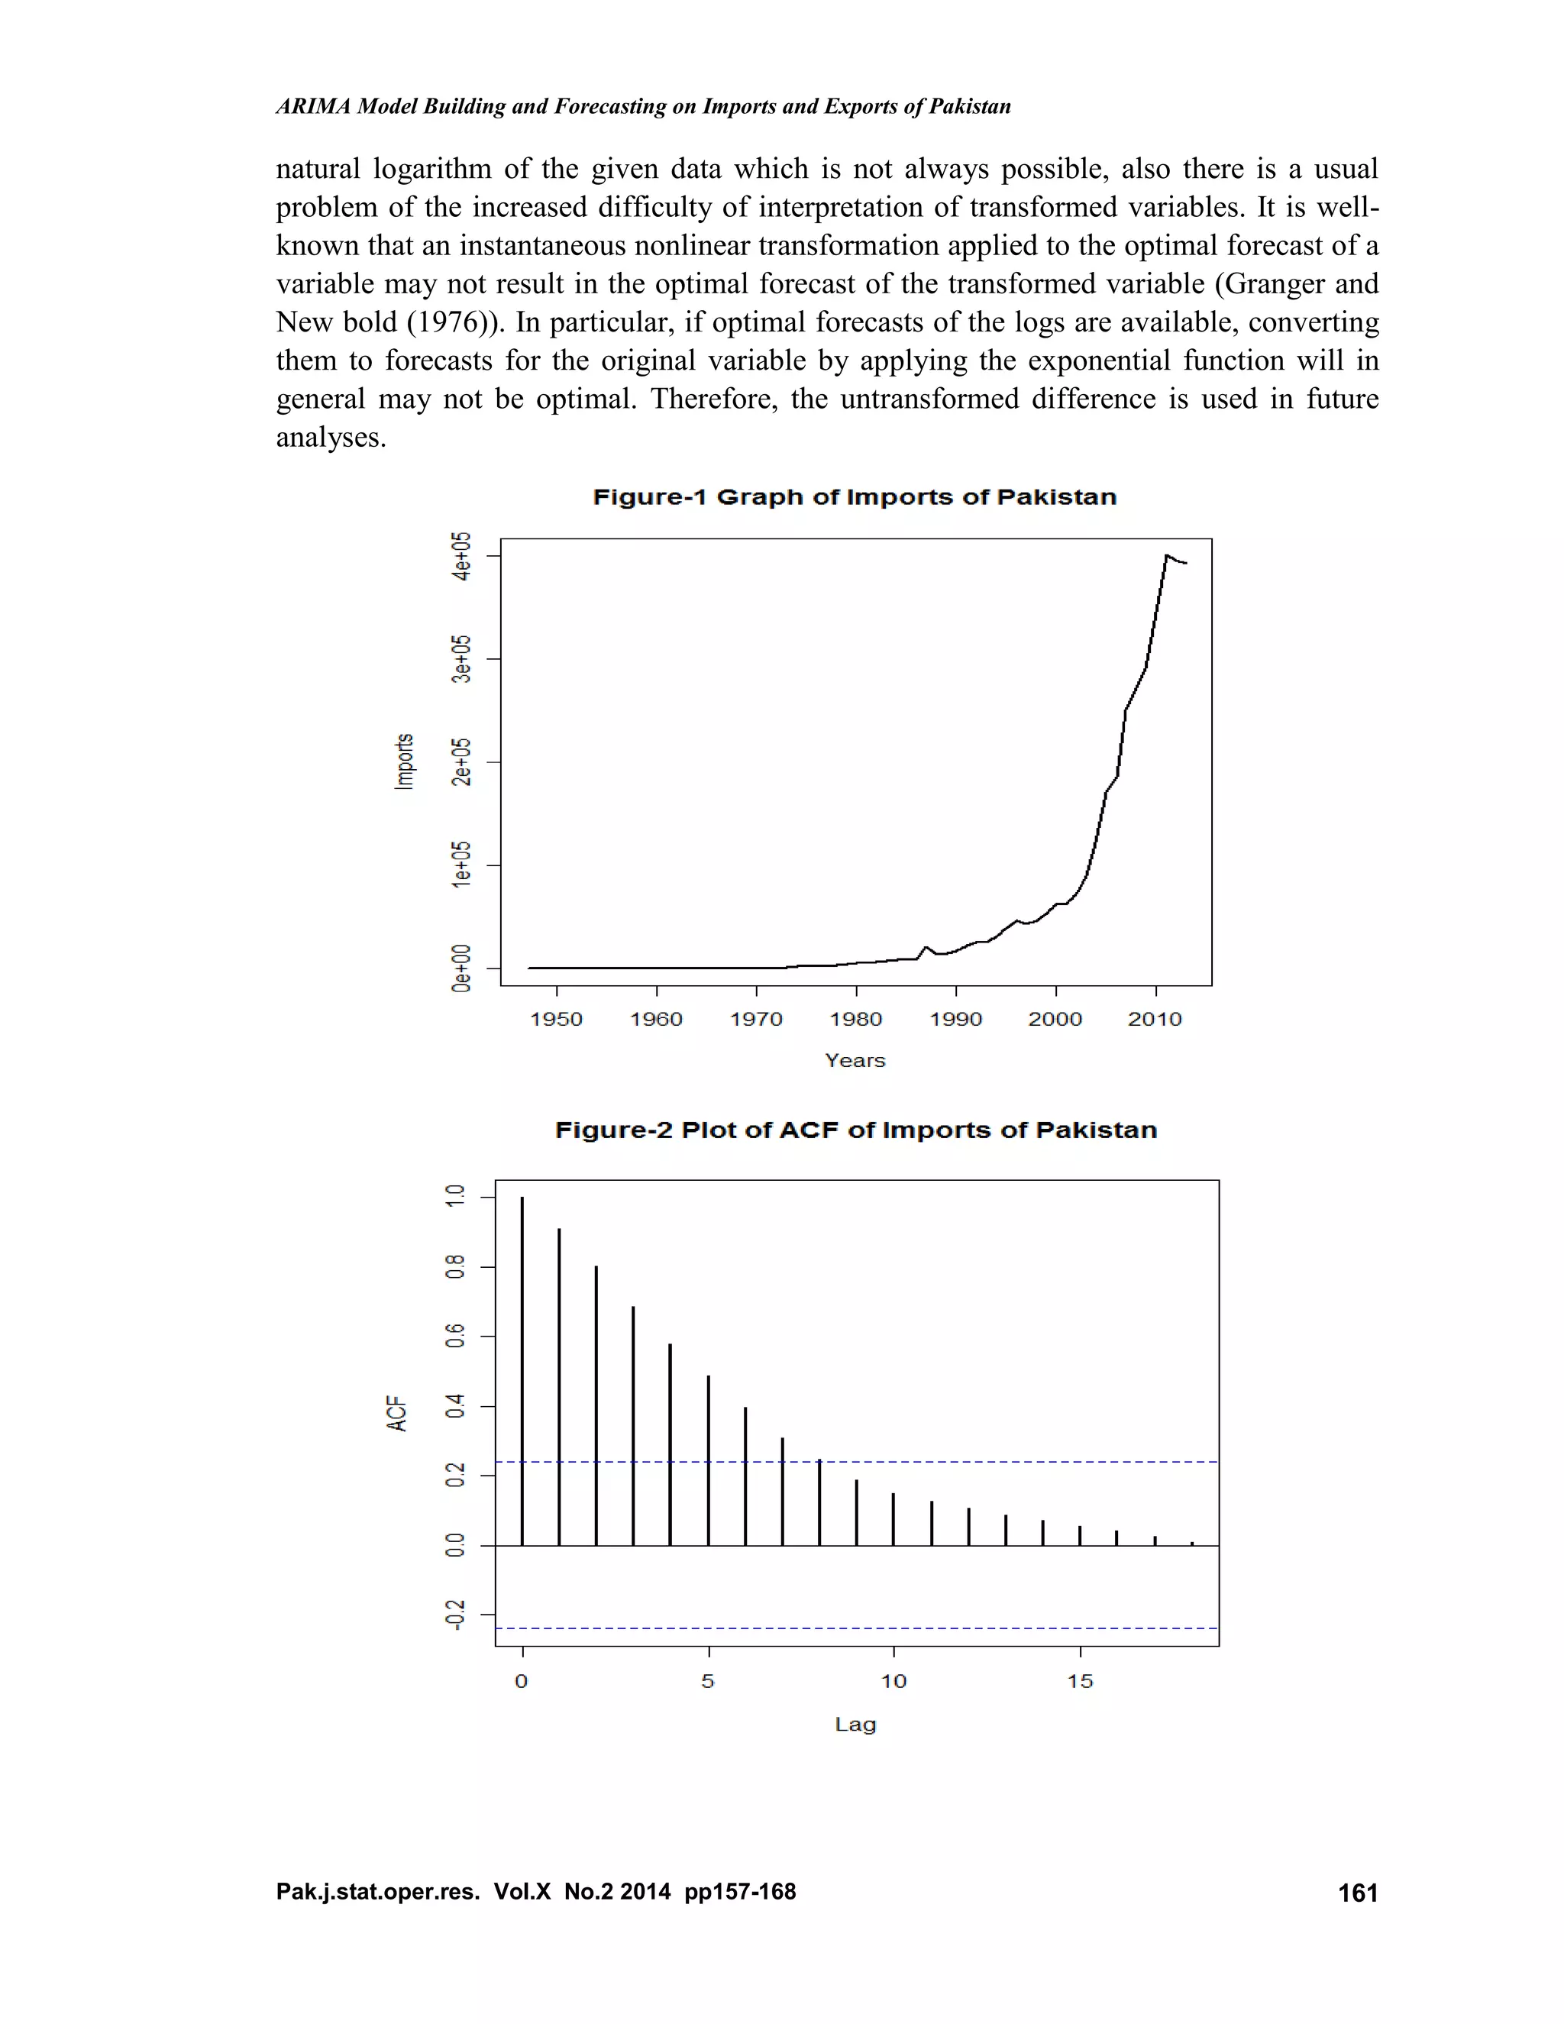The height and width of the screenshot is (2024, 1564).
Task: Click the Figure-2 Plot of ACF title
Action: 855,1130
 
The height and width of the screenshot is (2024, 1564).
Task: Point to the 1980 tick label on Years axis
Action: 855,1020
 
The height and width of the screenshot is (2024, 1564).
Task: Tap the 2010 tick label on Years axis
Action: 1155,1020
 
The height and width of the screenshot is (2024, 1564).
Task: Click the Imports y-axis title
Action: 404,761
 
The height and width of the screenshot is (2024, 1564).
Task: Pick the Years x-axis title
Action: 855,1060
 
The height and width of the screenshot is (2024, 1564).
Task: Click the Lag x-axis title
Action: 855,1725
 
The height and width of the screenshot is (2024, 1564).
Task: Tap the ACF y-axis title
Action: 396,1413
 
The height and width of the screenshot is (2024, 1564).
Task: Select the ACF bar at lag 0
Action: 522,1372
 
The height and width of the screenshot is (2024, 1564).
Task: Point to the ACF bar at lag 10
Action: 893,1520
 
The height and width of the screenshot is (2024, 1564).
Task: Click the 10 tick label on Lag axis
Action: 893,1681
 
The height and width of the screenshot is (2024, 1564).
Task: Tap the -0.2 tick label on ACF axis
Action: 454,1615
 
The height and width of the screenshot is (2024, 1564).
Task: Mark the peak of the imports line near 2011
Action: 1165,555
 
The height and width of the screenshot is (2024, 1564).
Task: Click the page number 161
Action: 1357,1893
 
